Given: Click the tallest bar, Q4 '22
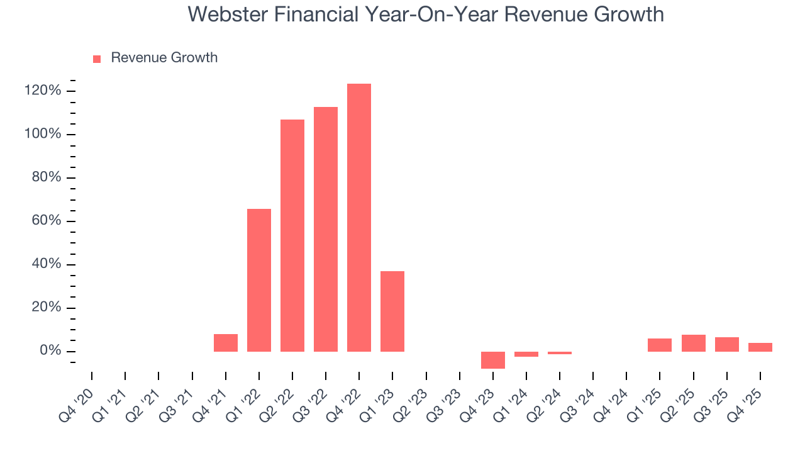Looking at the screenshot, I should [358, 217].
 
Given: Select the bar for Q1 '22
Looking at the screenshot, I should [258, 280].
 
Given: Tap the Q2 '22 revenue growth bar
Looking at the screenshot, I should [292, 235].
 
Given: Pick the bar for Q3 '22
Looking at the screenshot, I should [325, 229].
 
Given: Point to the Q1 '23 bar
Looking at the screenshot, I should [392, 311].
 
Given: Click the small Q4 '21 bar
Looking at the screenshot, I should [225, 342].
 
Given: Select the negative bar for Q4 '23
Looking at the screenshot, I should [492, 360].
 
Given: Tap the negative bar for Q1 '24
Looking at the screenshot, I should [526, 354].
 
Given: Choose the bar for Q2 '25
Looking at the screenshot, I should [693, 343].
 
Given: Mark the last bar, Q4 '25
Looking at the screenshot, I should [760, 347].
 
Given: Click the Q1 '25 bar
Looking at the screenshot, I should [660, 345].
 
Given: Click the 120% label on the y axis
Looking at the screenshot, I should [43, 91].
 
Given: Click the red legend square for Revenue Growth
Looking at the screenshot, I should [97, 59].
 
